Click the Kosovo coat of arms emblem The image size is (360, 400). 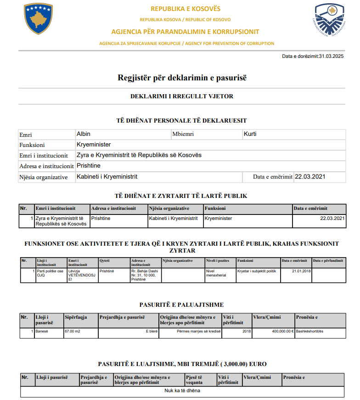click(39, 19)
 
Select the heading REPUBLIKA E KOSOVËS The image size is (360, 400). click(186, 9)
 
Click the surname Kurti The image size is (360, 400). click(250, 134)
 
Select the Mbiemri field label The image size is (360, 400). click(184, 135)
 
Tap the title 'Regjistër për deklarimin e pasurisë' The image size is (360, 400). click(182, 78)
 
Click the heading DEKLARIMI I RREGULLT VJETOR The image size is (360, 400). click(182, 96)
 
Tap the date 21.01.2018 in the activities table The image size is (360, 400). click(301, 271)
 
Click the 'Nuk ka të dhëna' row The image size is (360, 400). click(182, 391)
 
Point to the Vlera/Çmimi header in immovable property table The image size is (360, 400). click(267, 317)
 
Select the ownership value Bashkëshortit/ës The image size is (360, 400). click(309, 331)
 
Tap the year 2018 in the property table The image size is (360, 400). click(247, 331)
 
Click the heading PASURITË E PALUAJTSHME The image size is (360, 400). click(181, 305)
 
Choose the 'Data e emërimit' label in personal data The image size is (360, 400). click(273, 177)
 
